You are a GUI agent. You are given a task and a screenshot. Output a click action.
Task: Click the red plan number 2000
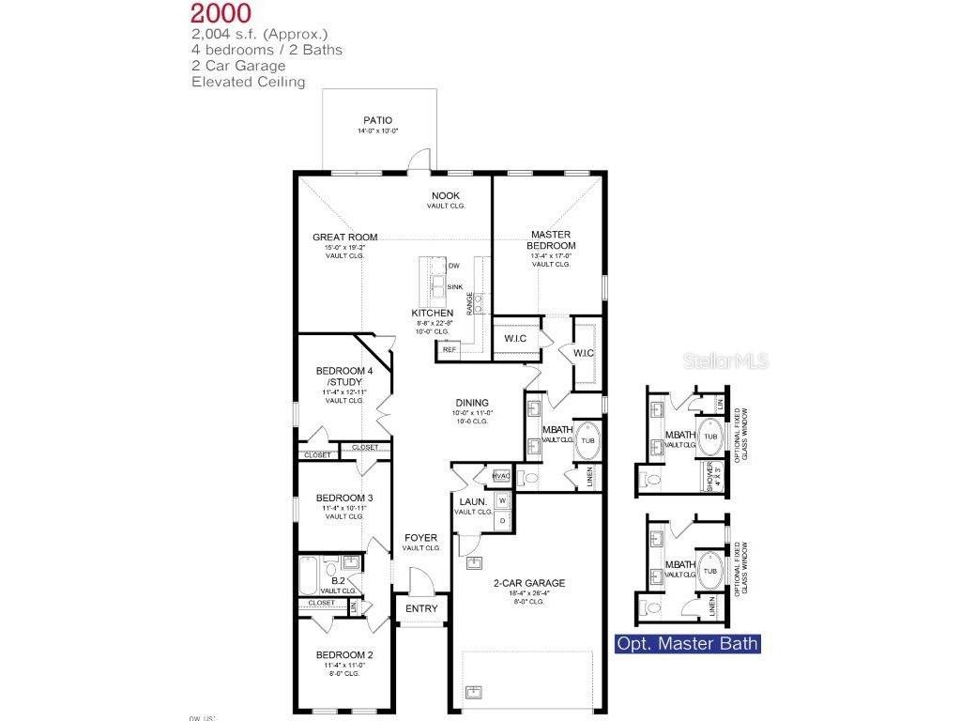221,13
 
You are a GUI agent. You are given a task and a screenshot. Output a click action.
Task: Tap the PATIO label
377,120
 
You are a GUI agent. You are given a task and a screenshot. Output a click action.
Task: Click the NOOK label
446,195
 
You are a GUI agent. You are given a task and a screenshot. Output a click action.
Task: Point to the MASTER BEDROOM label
551,240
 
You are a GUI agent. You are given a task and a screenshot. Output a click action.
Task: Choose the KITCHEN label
433,313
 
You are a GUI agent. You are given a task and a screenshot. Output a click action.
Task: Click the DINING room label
473,403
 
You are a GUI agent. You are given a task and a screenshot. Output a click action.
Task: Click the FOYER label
421,538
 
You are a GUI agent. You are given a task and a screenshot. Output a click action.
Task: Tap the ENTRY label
421,608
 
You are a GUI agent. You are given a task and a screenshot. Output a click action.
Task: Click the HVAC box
500,477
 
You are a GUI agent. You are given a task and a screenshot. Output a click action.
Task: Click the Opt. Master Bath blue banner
686,644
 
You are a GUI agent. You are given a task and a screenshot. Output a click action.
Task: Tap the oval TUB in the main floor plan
588,440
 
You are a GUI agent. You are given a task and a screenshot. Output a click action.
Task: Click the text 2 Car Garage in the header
238,66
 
